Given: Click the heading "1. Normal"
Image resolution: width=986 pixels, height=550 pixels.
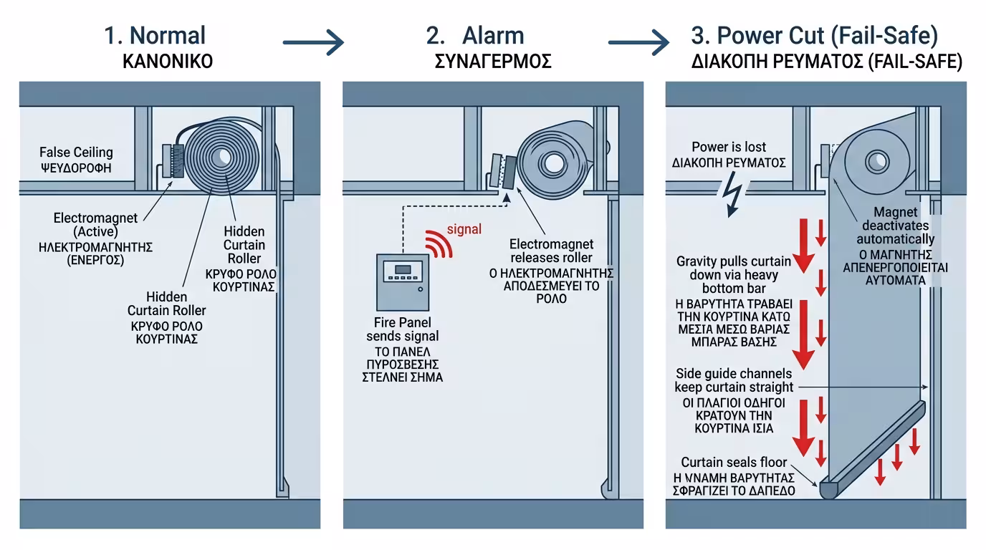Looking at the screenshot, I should (x=155, y=35).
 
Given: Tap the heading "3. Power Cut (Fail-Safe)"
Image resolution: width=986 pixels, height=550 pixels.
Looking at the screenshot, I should (x=814, y=35).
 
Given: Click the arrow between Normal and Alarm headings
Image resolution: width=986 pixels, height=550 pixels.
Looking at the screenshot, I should (x=313, y=42).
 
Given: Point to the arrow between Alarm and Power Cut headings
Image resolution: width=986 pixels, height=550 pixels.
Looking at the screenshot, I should (x=638, y=42).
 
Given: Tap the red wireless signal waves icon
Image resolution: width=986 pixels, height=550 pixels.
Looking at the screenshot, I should (x=439, y=243).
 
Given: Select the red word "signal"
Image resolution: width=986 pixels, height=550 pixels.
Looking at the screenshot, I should (x=464, y=230).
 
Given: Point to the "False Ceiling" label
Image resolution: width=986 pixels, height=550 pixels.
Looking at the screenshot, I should (x=76, y=153).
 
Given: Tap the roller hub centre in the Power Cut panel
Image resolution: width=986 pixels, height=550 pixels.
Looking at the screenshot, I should (x=876, y=159).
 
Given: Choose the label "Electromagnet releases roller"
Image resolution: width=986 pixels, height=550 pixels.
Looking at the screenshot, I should (x=551, y=251).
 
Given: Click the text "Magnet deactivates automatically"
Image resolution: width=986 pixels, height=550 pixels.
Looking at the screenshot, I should (x=895, y=226).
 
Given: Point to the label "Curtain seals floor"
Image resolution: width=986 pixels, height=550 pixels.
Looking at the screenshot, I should (x=734, y=463).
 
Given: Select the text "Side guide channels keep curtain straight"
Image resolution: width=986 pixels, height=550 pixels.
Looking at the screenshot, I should (x=733, y=380).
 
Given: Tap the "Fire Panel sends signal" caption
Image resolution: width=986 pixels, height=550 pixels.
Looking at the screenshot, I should (x=403, y=329).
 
